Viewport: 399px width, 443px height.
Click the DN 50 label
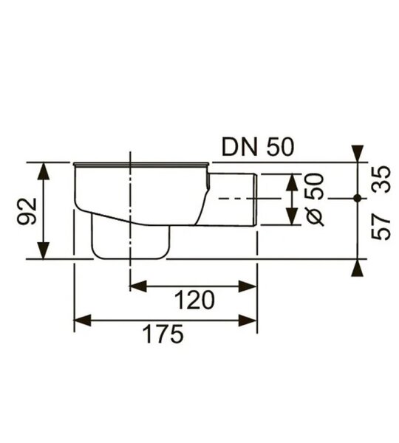(x=258, y=147)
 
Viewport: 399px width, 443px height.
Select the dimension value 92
(x=27, y=211)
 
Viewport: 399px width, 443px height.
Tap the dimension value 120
(x=194, y=301)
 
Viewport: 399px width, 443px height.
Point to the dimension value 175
(x=163, y=334)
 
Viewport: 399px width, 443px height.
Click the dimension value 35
(x=381, y=179)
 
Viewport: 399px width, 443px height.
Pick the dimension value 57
(x=381, y=227)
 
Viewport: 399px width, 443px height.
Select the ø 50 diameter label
(x=315, y=200)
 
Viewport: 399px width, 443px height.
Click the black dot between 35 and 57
(x=358, y=199)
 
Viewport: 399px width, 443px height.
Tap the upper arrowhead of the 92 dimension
(x=44, y=171)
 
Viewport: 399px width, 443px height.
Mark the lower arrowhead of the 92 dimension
(x=44, y=250)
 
